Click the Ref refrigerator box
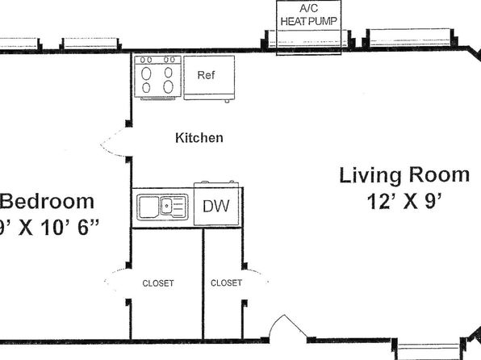click(x=209, y=77)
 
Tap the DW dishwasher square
click(x=216, y=204)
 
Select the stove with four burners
click(x=157, y=77)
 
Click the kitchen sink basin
click(x=162, y=207)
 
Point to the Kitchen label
click(x=199, y=138)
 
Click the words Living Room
click(x=404, y=175)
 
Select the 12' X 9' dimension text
click(x=404, y=202)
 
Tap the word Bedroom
click(x=47, y=202)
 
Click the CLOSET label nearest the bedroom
click(x=158, y=283)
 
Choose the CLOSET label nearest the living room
click(x=227, y=283)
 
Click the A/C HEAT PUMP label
click(x=309, y=15)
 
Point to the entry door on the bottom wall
click(x=288, y=327)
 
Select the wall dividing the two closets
click(x=203, y=284)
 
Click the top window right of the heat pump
click(x=410, y=39)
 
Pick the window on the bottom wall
click(x=429, y=349)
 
